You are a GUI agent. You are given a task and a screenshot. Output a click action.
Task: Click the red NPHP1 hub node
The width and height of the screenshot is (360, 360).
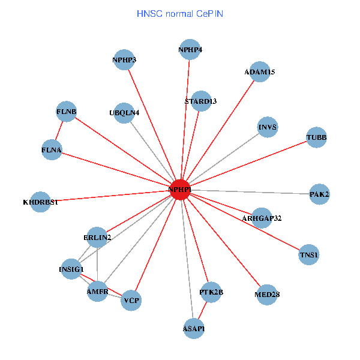click(x=180, y=190)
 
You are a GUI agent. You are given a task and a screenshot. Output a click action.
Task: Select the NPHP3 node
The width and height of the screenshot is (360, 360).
click(x=124, y=59)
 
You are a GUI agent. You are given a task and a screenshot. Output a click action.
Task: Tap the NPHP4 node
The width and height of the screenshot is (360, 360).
click(x=190, y=49)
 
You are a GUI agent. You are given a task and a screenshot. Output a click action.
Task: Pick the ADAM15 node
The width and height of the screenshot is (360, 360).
click(x=259, y=72)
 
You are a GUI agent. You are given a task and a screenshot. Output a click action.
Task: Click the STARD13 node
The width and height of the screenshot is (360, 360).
click(x=200, y=101)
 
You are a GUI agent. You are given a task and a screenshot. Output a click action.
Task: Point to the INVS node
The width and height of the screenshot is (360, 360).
click(x=268, y=127)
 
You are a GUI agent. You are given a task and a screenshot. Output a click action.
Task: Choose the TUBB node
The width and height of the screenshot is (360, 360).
click(x=316, y=137)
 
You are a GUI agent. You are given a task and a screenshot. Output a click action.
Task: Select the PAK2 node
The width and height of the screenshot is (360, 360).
click(x=319, y=194)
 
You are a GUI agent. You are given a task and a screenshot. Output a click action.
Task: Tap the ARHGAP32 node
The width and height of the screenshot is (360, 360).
click(x=262, y=218)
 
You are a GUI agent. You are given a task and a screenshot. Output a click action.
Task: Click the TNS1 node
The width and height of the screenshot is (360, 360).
click(x=309, y=256)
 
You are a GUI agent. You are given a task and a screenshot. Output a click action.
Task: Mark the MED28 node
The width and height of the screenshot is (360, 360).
click(x=266, y=294)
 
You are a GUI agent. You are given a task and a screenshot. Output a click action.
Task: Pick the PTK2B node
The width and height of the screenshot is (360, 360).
click(x=211, y=292)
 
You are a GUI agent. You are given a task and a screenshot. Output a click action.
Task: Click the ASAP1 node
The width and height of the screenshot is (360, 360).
click(x=193, y=328)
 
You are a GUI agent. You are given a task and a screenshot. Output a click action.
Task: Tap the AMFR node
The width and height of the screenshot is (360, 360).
click(x=97, y=291)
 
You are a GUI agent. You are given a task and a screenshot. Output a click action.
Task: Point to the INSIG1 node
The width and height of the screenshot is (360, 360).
click(x=71, y=269)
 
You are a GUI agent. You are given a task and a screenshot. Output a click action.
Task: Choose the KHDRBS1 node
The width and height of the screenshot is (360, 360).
click(x=40, y=202)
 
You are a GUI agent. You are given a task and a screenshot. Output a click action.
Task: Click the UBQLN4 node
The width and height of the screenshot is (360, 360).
click(x=124, y=112)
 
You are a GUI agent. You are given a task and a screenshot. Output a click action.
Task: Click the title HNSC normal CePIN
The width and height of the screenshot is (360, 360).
click(x=180, y=13)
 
